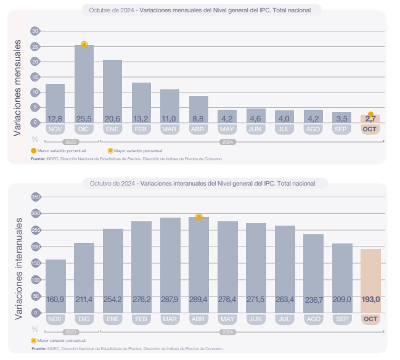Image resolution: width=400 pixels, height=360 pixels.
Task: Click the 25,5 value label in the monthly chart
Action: click(84, 118)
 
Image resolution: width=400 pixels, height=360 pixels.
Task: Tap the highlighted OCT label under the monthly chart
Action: click(370, 129)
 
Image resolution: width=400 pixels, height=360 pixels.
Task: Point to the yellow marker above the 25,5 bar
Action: click(84, 45)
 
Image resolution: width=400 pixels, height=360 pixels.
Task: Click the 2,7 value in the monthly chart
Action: click(370, 118)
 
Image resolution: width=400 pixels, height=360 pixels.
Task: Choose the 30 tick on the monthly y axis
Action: click(35, 31)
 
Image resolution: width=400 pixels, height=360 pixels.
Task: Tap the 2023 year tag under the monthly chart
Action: click(70, 142)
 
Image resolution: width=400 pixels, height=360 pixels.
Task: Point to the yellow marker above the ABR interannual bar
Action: click(198, 217)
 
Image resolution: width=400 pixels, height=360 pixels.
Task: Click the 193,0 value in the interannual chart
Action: click(370, 300)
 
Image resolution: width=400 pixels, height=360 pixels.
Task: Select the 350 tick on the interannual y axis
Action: click(35, 197)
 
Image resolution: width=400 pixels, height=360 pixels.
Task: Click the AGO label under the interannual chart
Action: click(312, 319)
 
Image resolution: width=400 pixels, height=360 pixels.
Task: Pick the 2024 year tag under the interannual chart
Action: click(227, 332)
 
